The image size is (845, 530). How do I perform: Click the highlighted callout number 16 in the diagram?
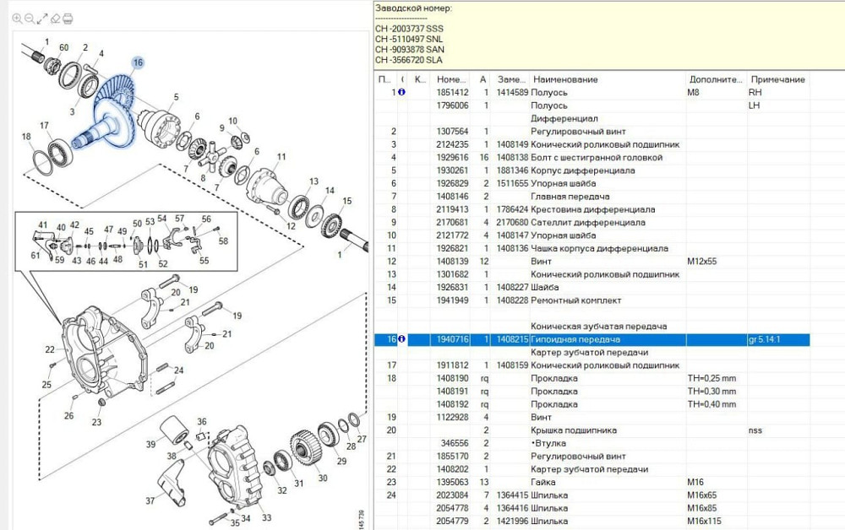click(138, 62)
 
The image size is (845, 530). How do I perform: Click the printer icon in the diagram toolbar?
click(68, 18)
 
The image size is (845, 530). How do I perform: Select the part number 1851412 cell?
click(452, 92)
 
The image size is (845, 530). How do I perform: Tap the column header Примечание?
click(777, 79)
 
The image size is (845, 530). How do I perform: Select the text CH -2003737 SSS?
click(409, 29)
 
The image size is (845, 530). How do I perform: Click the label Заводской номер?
click(413, 8)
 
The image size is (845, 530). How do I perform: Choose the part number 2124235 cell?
click(452, 144)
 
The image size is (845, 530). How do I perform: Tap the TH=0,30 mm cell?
click(711, 392)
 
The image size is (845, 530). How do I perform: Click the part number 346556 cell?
click(455, 443)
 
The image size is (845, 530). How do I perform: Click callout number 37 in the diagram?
click(150, 500)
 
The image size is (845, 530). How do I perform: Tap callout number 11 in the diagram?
click(281, 157)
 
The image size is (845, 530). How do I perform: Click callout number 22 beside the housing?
click(50, 349)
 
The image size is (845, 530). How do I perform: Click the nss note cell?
click(755, 430)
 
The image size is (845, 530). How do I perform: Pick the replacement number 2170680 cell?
click(512, 223)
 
